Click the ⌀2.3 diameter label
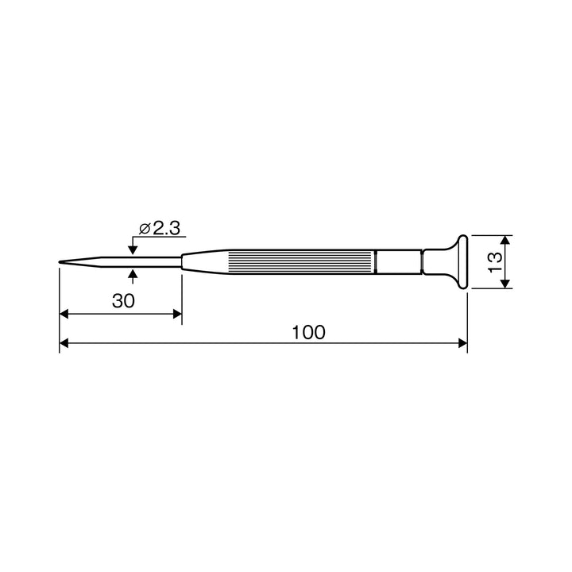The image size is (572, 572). [x=160, y=228]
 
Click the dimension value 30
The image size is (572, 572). [x=123, y=301]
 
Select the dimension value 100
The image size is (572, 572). [x=308, y=332]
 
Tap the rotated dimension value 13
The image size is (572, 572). [x=495, y=262]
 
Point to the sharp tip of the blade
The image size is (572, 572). [x=60, y=261]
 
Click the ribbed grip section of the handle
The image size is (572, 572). [x=301, y=261]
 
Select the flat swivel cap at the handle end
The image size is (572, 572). [x=462, y=262]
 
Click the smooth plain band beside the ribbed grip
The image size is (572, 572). [x=399, y=261]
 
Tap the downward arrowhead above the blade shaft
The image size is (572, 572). [x=133, y=250]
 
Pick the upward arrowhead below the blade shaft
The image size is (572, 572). [x=133, y=273]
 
